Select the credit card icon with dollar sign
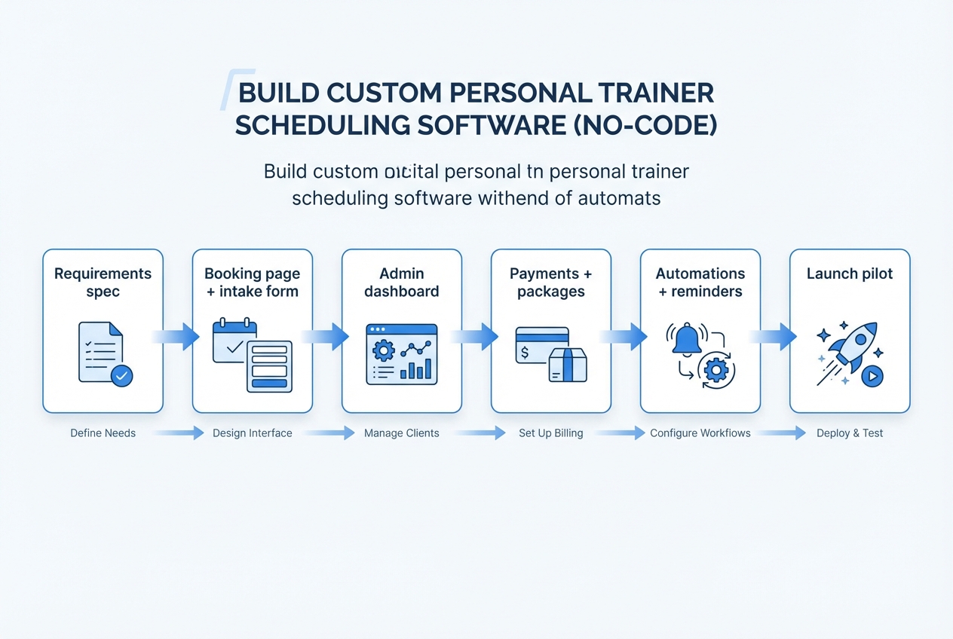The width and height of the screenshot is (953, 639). click(540, 345)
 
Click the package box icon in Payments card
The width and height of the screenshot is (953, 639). click(568, 365)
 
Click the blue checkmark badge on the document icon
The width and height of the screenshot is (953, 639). click(121, 375)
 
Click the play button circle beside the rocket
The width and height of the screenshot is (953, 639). click(872, 375)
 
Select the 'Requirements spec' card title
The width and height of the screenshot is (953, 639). click(103, 283)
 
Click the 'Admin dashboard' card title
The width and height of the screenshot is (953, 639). click(401, 283)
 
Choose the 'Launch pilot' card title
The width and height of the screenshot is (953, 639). click(850, 274)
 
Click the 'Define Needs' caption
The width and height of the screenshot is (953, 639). click(103, 433)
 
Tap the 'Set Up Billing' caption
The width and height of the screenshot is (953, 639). click(550, 433)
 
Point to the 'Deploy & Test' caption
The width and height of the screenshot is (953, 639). click(850, 433)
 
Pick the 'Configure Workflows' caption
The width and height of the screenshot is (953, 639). click(700, 433)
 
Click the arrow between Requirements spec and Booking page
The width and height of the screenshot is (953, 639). click(177, 337)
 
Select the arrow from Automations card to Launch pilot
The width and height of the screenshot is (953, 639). click(774, 337)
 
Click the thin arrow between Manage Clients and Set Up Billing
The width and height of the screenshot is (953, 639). click(479, 433)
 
